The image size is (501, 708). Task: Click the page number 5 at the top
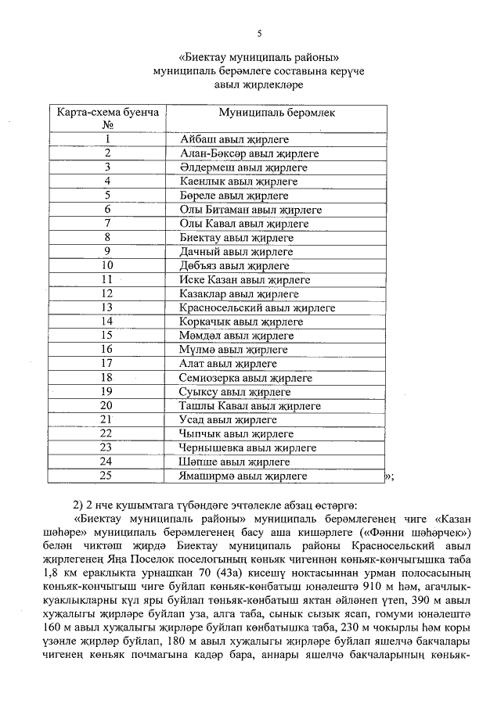tap(260, 33)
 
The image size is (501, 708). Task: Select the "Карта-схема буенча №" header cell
tap(108, 118)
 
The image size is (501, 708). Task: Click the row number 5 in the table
tap(108, 195)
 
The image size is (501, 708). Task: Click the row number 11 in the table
tap(108, 279)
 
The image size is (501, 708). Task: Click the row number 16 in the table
tap(108, 349)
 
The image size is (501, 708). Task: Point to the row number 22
tap(108, 433)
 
